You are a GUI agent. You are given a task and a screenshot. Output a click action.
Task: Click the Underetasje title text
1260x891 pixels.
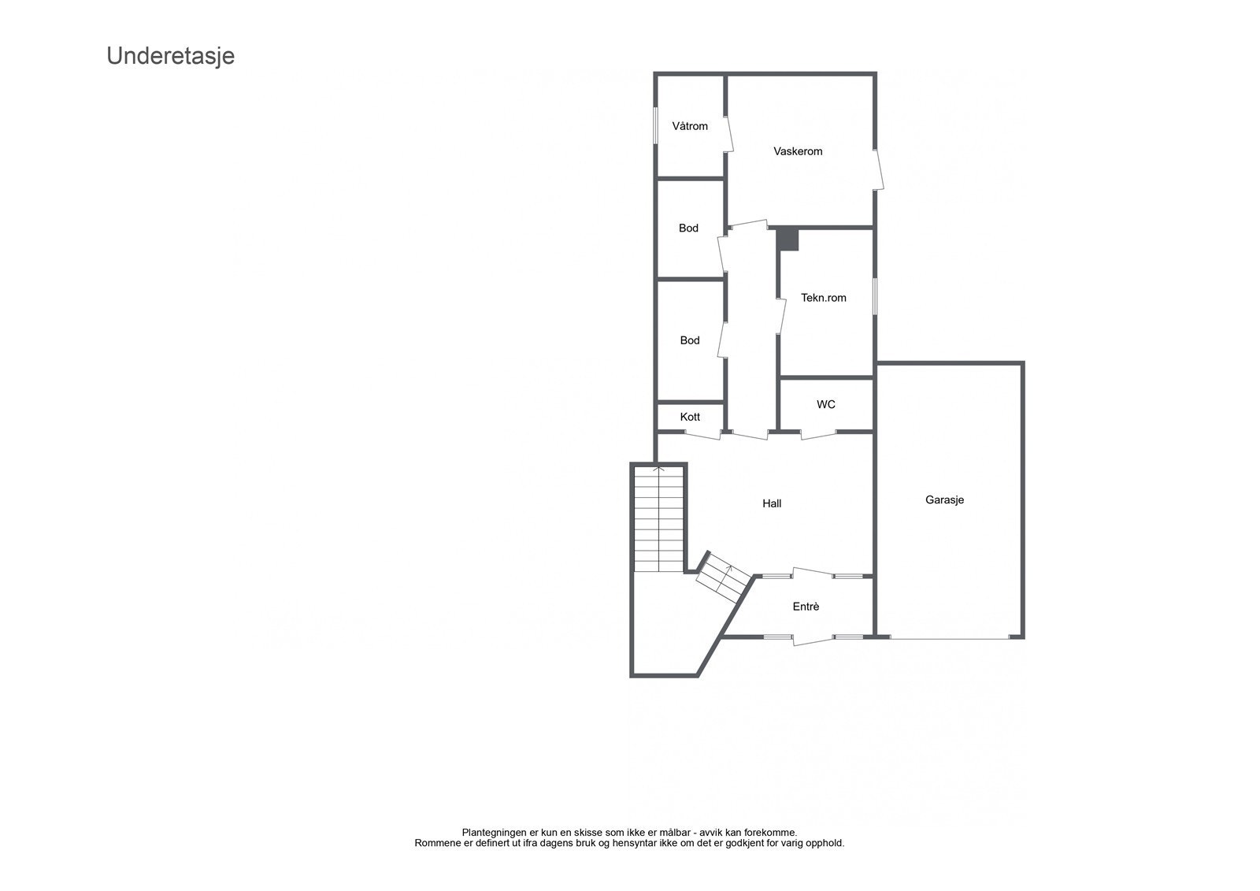(170, 57)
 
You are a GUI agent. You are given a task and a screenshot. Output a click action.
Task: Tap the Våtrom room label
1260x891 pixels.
(689, 126)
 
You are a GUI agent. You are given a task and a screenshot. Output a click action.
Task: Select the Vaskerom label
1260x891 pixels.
(798, 151)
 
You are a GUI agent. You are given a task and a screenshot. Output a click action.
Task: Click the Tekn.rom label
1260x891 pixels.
(823, 298)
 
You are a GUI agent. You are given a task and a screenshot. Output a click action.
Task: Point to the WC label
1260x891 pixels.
(825, 404)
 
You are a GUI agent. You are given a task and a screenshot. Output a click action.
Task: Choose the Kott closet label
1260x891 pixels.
(690, 417)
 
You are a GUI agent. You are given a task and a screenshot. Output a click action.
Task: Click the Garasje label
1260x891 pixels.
(944, 499)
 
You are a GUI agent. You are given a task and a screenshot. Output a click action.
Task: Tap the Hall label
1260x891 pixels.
(772, 503)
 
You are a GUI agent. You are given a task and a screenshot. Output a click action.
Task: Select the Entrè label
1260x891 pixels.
(806, 607)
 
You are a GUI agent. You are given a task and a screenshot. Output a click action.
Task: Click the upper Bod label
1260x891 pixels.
(688, 228)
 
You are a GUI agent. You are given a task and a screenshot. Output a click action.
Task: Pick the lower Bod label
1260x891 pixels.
(689, 340)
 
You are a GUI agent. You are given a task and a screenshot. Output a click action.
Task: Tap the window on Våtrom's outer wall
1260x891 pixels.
(656, 126)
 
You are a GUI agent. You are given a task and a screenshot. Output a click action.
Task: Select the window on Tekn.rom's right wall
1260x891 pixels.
(874, 296)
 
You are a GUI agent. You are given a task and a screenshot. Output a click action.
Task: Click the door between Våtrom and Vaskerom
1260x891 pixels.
(728, 135)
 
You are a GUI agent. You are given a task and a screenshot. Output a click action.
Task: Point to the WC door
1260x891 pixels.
(818, 435)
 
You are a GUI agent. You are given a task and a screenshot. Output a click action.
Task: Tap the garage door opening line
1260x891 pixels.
(949, 637)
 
